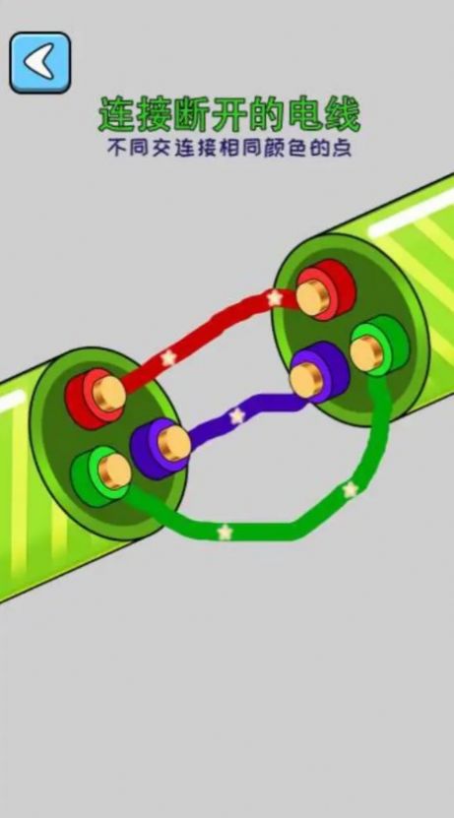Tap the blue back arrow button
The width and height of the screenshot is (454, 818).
pyautogui.click(x=40, y=63)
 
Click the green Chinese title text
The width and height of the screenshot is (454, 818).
pyautogui.click(x=229, y=115)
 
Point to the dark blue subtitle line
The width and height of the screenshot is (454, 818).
pyautogui.click(x=229, y=149)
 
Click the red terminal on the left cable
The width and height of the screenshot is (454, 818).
pyautogui.click(x=96, y=398)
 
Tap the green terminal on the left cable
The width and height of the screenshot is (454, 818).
pyautogui.click(x=101, y=474)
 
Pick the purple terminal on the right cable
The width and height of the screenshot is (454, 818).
pyautogui.click(x=319, y=372)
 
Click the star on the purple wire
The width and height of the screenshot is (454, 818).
pyautogui.click(x=237, y=415)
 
